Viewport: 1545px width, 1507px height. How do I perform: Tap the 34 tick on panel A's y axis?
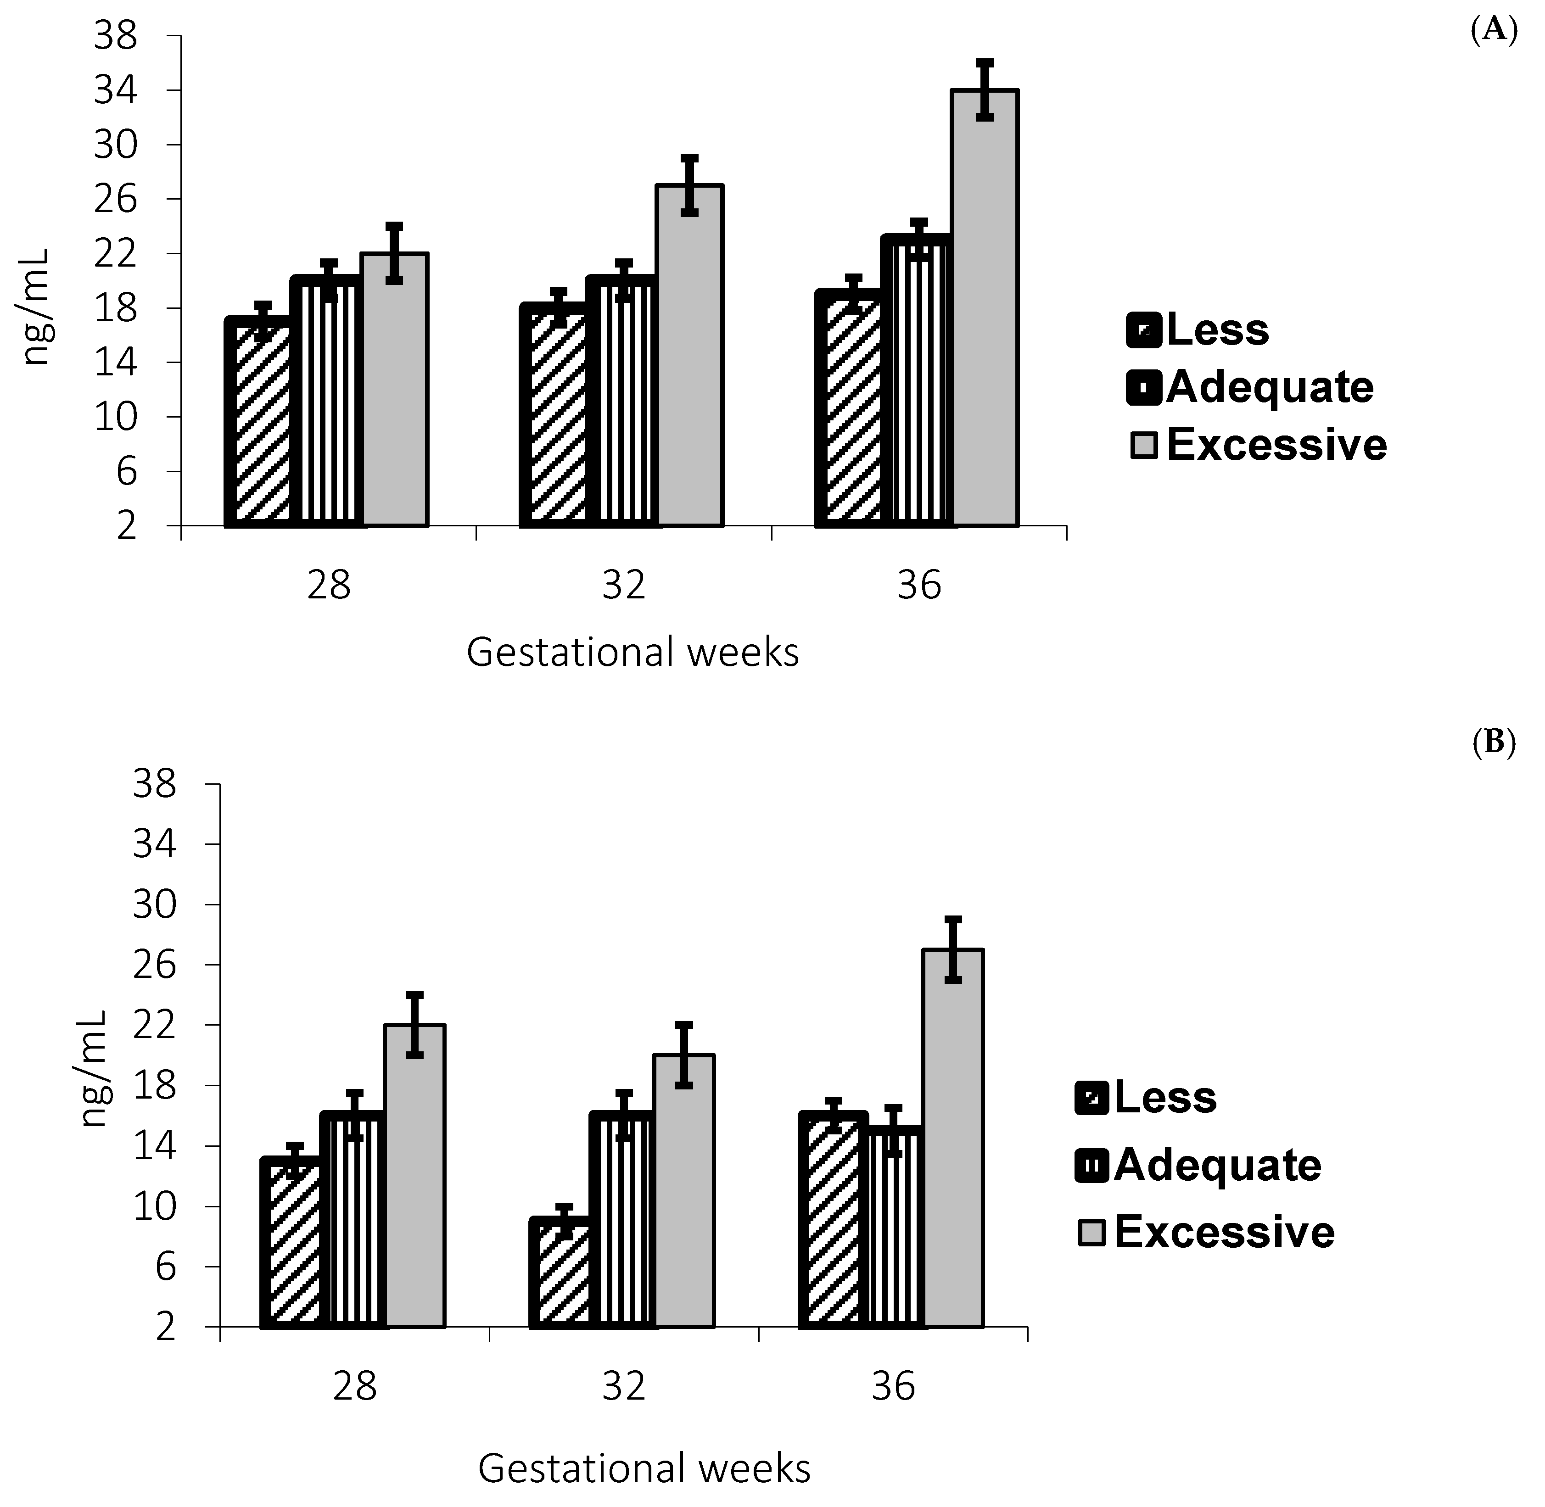(x=115, y=91)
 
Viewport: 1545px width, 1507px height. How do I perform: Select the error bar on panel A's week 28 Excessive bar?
(x=395, y=253)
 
